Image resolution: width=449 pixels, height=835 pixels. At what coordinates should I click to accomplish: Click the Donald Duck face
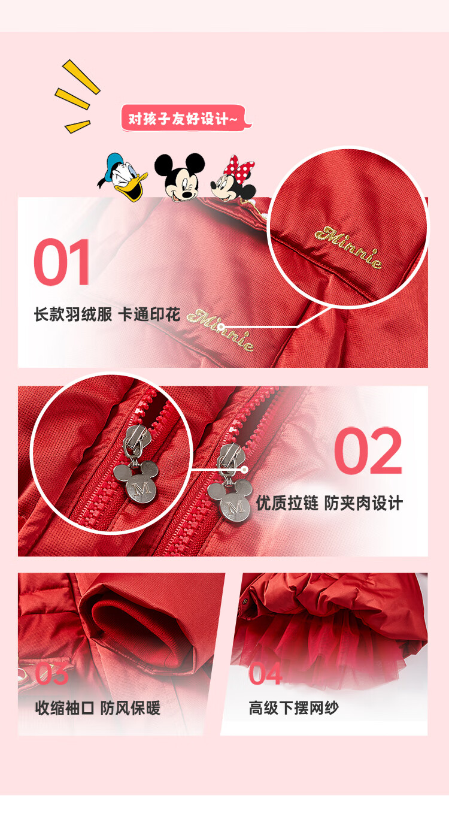pyautogui.click(x=123, y=177)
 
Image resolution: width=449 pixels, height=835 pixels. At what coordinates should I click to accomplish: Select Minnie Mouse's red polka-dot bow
pyautogui.click(x=240, y=167)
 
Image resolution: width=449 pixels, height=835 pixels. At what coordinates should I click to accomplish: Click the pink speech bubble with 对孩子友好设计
pyautogui.click(x=186, y=119)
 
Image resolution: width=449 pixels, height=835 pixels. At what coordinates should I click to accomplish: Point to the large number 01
pyautogui.click(x=62, y=262)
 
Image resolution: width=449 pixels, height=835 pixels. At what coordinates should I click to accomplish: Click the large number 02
pyautogui.click(x=368, y=450)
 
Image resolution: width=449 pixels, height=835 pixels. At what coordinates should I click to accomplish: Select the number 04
pyautogui.click(x=265, y=674)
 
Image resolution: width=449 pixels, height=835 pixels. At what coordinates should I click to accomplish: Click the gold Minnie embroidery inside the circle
pyautogui.click(x=348, y=246)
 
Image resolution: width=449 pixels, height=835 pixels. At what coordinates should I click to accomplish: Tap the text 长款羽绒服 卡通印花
pyautogui.click(x=107, y=314)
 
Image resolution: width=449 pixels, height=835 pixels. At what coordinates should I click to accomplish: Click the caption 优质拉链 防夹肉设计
pyautogui.click(x=329, y=503)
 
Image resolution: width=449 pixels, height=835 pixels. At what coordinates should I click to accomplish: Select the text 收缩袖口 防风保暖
pyautogui.click(x=98, y=708)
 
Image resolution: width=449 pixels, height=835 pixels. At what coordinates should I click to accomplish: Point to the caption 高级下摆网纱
pyautogui.click(x=293, y=708)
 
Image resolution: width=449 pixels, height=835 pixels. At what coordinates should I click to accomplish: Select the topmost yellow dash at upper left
pyautogui.click(x=81, y=77)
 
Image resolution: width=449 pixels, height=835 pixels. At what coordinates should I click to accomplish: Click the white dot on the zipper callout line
pyautogui.click(x=244, y=470)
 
